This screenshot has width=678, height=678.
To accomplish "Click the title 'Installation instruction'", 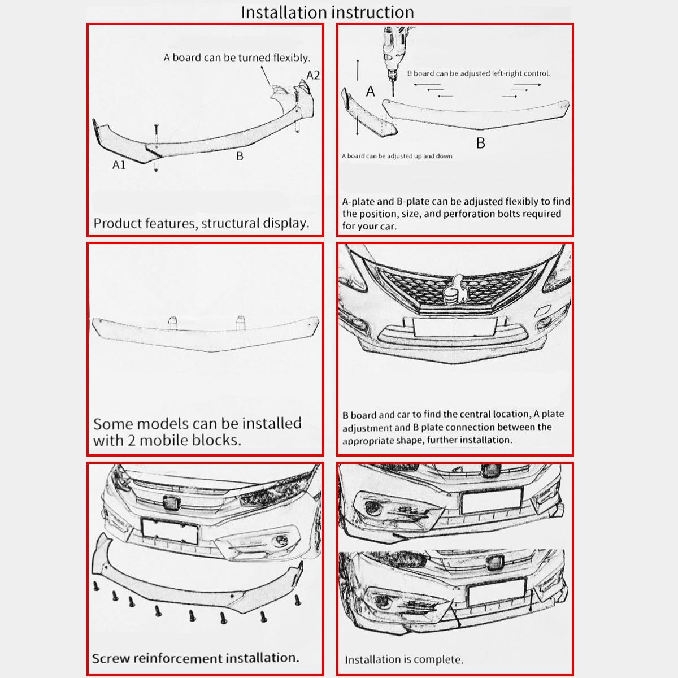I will coord(327,12).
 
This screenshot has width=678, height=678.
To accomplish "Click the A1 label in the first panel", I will coord(119,165).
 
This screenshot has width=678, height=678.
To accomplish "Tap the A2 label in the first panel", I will coord(313,75).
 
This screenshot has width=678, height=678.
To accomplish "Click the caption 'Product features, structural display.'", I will coord(201,223).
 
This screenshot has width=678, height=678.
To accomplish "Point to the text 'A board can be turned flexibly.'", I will coord(237,58).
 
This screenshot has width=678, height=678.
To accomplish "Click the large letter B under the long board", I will coord(481,144).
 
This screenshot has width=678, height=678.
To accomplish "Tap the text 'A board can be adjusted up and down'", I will coord(397,156).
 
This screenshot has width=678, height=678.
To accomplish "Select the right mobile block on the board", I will coord(241,320).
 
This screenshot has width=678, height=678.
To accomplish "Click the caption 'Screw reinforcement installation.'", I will coord(195,658).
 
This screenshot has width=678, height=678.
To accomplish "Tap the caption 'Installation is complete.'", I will coord(404,659).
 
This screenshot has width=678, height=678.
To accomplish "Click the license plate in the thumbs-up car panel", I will coord(455,327).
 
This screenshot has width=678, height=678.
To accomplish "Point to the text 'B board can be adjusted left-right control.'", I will coord(479,73).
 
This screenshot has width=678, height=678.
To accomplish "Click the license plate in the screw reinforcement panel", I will coord(169,531).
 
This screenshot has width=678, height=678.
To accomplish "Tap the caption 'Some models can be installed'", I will coord(197,424).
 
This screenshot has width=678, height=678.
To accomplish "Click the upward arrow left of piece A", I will coord(358,71).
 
